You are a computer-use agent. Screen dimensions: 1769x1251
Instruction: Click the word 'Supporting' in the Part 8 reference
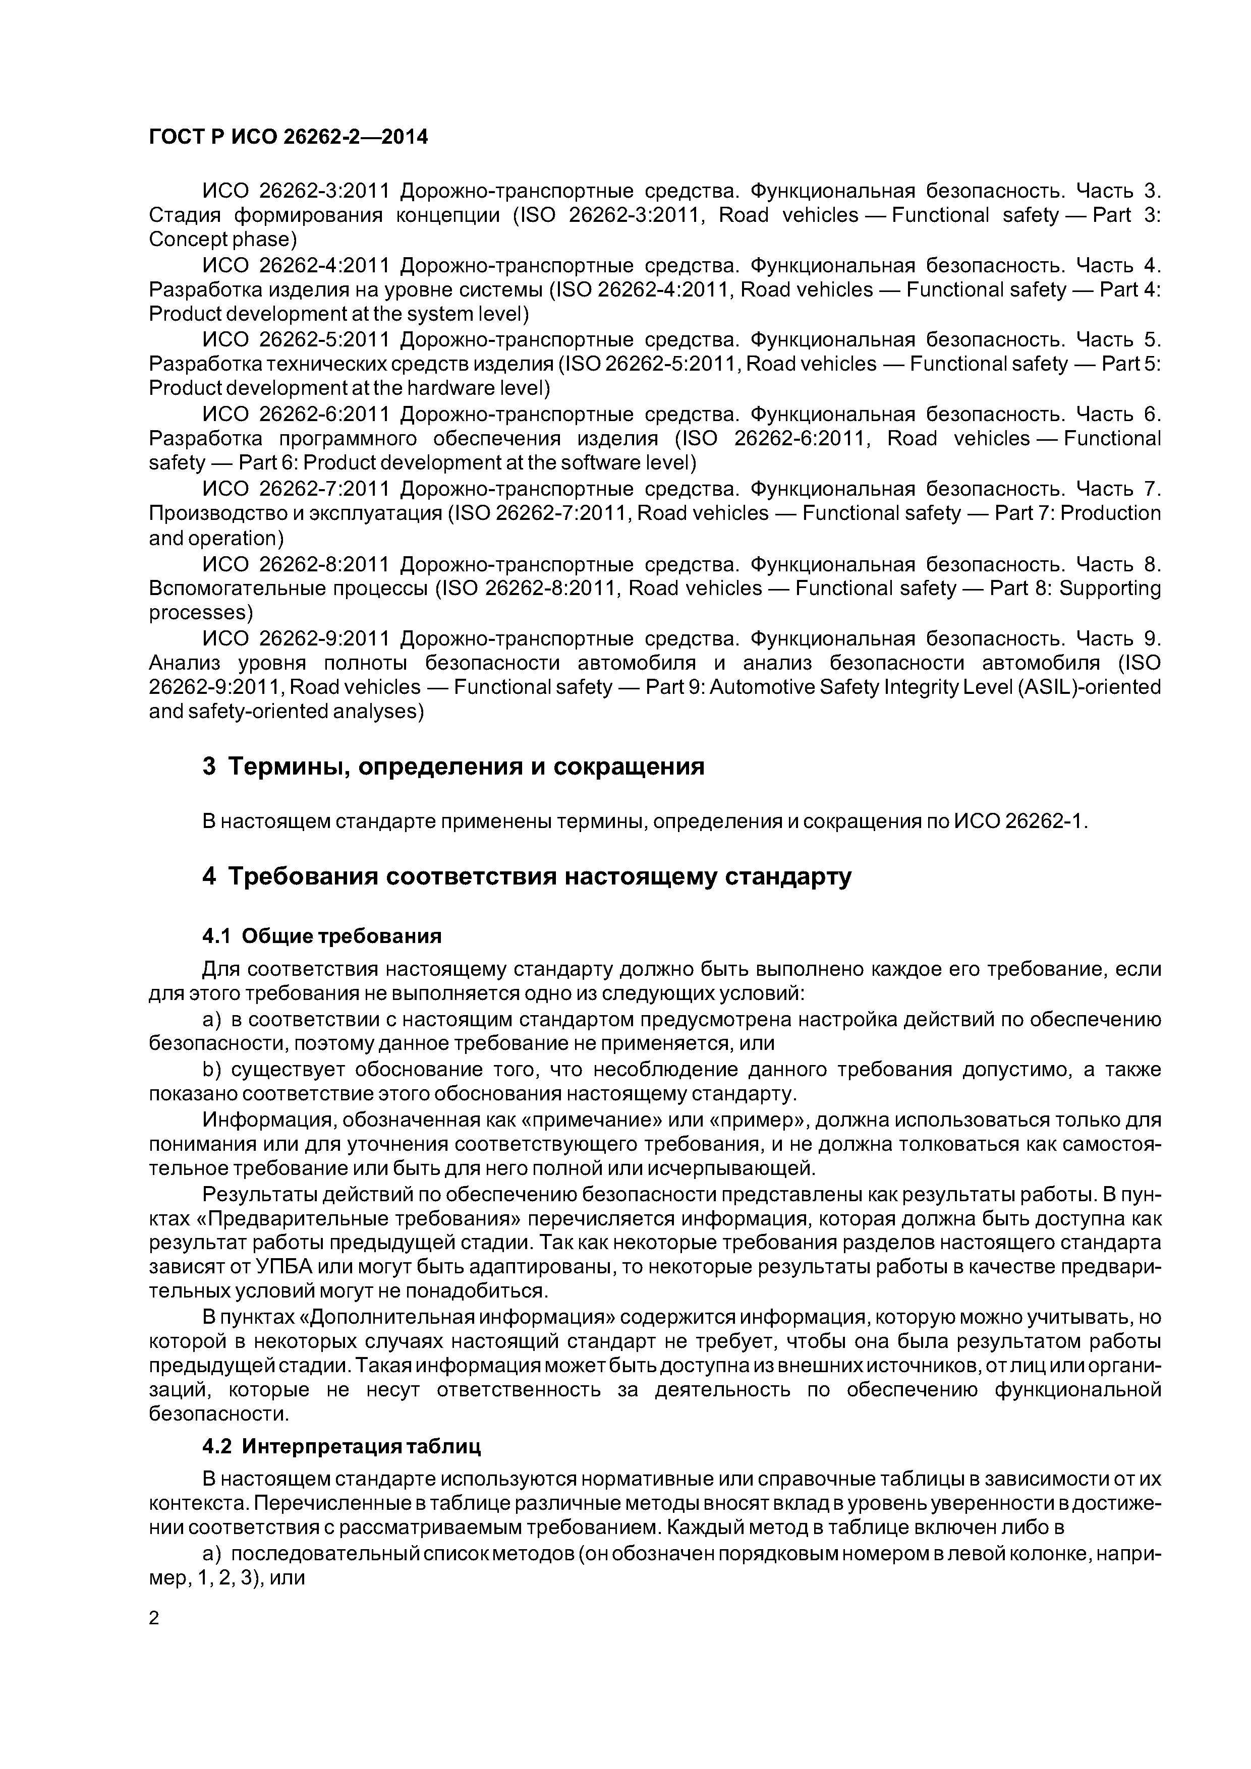tap(1110, 588)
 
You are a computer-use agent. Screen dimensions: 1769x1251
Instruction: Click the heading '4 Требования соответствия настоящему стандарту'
tap(527, 877)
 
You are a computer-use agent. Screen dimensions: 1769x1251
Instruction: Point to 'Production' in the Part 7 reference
tap(1110, 513)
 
